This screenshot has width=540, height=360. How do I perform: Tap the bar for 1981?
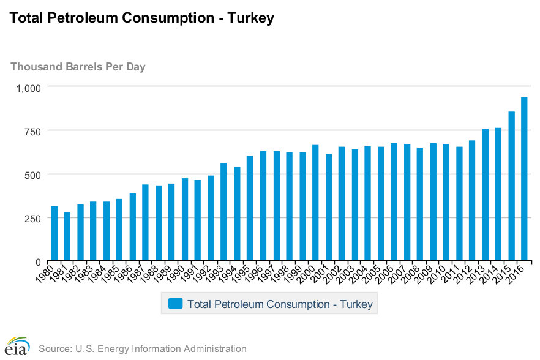pyautogui.click(x=67, y=237)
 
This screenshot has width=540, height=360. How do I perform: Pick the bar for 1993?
pyautogui.click(x=224, y=212)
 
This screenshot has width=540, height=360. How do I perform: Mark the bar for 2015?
pyautogui.click(x=511, y=186)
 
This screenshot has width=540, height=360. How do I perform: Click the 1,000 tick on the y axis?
pyautogui.click(x=28, y=88)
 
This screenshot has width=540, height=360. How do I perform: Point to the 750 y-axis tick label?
pyautogui.click(x=32, y=131)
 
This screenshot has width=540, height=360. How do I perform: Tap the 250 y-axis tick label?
pyautogui.click(x=32, y=219)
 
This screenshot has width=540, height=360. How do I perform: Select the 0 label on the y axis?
pyautogui.click(x=37, y=262)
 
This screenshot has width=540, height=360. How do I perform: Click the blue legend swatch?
pyautogui.click(x=176, y=304)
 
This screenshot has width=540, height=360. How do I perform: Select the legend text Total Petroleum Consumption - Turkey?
pyautogui.click(x=280, y=304)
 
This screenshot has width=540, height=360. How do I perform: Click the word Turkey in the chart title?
pyautogui.click(x=250, y=18)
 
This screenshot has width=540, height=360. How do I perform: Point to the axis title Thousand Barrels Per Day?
pyautogui.click(x=78, y=66)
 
